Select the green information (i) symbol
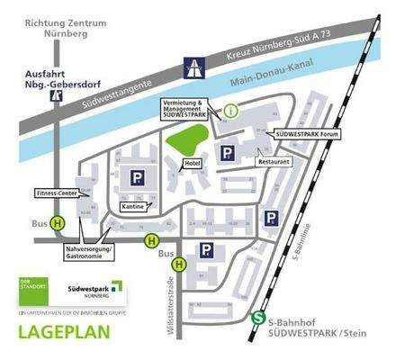(x=231, y=111)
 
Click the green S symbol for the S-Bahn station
(x=258, y=318)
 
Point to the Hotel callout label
(x=191, y=163)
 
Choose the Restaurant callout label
(x=273, y=161)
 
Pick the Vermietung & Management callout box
(x=185, y=107)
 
